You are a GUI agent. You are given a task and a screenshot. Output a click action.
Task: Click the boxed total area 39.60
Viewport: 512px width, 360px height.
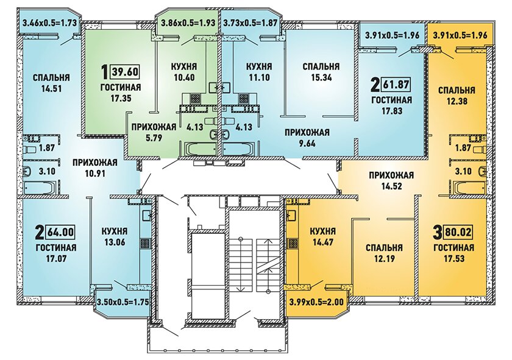coord(126,71)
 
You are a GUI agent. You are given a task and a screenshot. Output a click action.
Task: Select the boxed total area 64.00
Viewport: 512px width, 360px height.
coord(61,233)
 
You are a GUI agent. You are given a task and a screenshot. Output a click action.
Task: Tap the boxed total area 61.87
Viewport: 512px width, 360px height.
coord(396,85)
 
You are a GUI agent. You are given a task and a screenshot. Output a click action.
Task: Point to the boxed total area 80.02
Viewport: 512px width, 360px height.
coord(458,233)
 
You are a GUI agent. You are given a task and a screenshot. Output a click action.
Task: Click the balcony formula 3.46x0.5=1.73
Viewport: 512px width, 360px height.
coord(49,23)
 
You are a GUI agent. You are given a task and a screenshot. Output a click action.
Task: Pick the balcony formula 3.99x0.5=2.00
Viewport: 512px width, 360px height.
coord(316,302)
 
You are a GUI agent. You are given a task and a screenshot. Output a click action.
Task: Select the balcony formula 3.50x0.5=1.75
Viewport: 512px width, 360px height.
coord(123,302)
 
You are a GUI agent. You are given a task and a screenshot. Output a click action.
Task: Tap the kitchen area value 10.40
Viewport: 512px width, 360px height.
coord(184,78)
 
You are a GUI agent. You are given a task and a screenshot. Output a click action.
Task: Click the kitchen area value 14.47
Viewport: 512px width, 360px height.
coord(322,242)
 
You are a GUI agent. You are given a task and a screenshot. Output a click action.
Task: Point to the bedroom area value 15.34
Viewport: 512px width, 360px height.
coord(321,78)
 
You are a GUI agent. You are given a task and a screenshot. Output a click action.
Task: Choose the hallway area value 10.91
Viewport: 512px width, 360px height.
coord(94,174)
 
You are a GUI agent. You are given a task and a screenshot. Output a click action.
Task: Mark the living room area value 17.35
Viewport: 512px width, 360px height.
coord(121,98)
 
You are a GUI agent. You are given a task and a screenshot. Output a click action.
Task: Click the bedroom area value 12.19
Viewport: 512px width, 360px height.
coord(384,259)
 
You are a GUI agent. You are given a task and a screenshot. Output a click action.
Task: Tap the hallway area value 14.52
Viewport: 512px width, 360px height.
coord(391,186)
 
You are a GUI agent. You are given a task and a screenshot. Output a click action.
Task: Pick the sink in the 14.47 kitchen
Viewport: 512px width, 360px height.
coord(291,216)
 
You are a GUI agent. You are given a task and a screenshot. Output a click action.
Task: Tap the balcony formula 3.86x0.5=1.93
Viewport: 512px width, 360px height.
coord(188,23)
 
